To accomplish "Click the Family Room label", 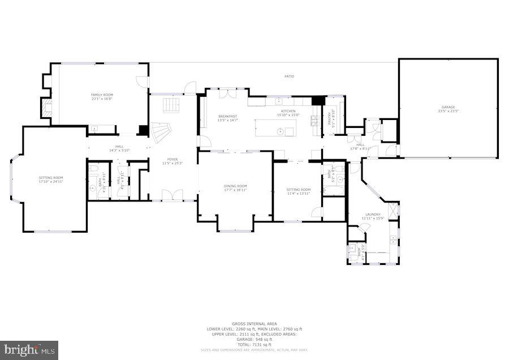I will coord(102,95).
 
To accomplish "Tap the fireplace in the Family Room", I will coord(45,109).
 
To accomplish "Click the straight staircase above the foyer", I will coord(171,105).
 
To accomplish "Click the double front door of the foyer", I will coord(171,195).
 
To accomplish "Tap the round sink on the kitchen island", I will coord(279,131).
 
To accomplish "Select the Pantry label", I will coord(330,119).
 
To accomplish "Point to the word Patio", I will coord(289,76).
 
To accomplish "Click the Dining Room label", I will coord(235,186).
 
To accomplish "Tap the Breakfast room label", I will coord(227,117).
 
